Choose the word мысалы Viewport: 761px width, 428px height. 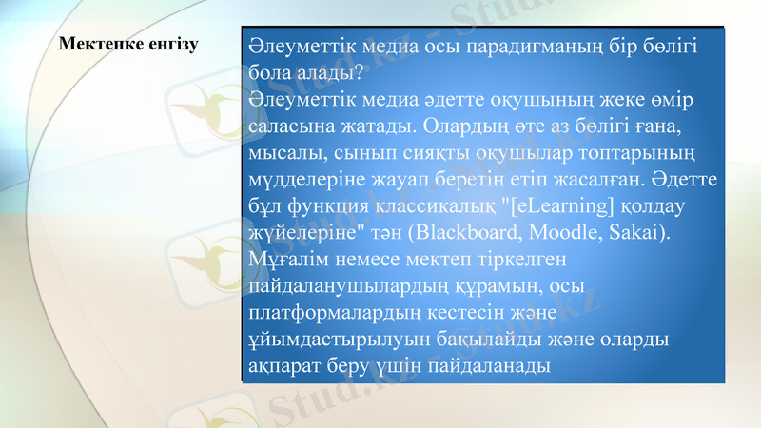pos(284,153)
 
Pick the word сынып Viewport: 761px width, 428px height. pos(368,153)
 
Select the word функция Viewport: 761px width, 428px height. pos(334,206)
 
